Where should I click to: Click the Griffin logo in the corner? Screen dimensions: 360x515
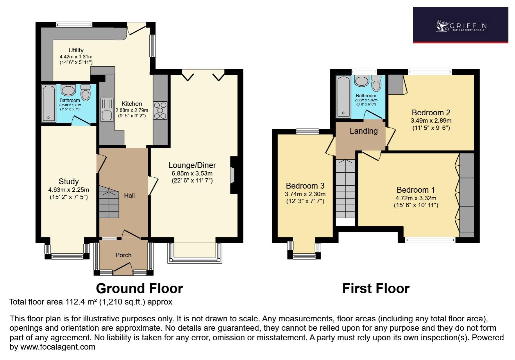461,26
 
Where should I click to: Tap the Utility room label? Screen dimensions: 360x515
76,50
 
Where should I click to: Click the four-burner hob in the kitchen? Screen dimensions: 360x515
160,110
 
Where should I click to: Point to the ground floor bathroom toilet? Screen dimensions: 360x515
86,92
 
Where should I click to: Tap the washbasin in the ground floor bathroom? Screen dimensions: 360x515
69,91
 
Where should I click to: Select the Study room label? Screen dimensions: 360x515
69,182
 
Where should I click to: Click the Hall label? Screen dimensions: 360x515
129,196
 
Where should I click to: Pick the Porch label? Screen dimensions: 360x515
123,255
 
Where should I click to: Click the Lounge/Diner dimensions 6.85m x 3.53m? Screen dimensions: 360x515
192,173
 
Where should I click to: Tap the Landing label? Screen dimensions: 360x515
364,131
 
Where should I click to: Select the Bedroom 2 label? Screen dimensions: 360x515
431,113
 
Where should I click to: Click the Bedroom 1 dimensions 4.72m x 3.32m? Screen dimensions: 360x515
416,198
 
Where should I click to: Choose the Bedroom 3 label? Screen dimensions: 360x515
305,186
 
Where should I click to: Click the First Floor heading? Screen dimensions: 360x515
376,289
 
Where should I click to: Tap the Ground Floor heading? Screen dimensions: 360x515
139,289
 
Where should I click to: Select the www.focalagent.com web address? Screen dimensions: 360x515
58,347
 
